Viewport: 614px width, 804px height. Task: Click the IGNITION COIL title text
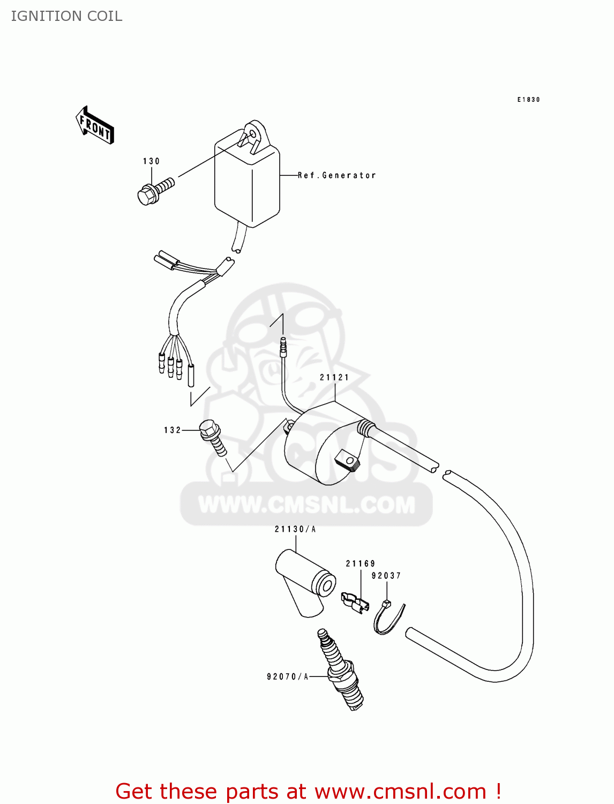pyautogui.click(x=66, y=16)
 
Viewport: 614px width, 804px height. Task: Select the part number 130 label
pyautogui.click(x=151, y=161)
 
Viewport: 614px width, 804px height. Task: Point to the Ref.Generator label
pyautogui.click(x=336, y=175)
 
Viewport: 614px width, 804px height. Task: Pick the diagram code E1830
pyautogui.click(x=528, y=100)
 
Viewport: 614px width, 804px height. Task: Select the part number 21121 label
pyautogui.click(x=334, y=377)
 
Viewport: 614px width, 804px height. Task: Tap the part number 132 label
pyautogui.click(x=173, y=430)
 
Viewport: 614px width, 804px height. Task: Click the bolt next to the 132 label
pyautogui.click(x=214, y=437)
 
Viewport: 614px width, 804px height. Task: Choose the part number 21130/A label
pyautogui.click(x=295, y=529)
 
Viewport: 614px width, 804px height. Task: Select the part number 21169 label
pyautogui.click(x=361, y=563)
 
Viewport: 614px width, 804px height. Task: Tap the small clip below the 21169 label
pyautogui.click(x=355, y=602)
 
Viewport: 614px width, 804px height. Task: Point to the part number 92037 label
pyautogui.click(x=386, y=576)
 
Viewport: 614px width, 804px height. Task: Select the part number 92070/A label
pyautogui.click(x=288, y=676)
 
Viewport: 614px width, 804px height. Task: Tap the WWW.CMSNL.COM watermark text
pyautogui.click(x=306, y=504)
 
